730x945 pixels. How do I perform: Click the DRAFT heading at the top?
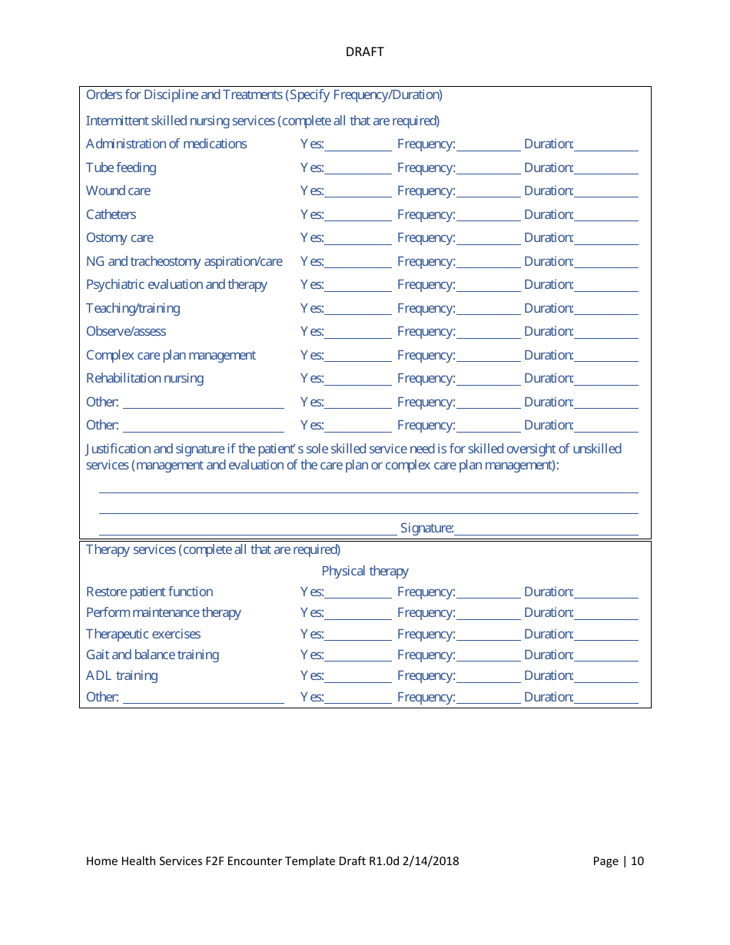click(x=364, y=51)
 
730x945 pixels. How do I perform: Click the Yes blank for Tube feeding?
click(x=357, y=168)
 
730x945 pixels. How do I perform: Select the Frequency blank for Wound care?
click(x=488, y=191)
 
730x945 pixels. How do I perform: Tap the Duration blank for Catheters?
click(x=606, y=215)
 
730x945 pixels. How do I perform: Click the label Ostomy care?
click(x=119, y=237)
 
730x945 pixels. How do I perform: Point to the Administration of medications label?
click(x=166, y=144)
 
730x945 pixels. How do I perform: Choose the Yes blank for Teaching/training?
click(x=357, y=309)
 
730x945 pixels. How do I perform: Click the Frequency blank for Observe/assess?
click(x=488, y=332)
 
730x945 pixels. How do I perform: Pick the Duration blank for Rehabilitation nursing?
click(x=606, y=379)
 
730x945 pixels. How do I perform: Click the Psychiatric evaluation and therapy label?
click(x=176, y=284)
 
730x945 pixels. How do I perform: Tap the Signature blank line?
click(x=546, y=529)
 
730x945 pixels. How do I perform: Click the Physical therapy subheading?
click(x=364, y=571)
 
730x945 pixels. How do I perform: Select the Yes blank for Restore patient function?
click(x=357, y=592)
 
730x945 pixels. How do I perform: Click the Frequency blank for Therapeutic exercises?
click(x=488, y=635)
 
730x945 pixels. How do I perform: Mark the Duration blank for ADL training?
click(x=606, y=676)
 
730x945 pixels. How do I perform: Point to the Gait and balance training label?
click(x=152, y=655)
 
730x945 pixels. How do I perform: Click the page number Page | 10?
click(x=618, y=860)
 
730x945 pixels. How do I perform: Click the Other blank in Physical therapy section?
click(x=203, y=698)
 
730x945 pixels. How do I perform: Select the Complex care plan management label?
click(x=171, y=355)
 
